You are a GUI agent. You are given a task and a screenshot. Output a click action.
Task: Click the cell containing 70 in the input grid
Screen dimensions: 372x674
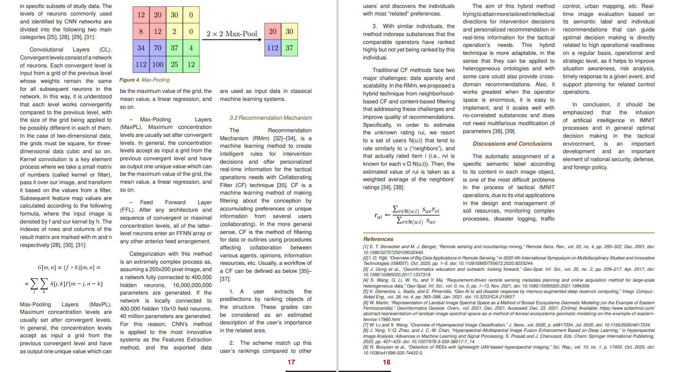pos(158,48)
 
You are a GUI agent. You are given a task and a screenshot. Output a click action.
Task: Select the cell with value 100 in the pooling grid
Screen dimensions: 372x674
pos(158,64)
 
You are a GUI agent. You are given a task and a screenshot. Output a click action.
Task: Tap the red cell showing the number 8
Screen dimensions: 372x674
pos(141,31)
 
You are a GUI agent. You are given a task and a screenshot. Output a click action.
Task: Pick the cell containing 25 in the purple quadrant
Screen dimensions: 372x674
pos(174,64)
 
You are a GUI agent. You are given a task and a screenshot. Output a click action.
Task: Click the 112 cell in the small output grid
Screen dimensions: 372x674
pos(273,48)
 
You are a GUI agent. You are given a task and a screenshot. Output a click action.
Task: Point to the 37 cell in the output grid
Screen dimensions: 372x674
pos(289,48)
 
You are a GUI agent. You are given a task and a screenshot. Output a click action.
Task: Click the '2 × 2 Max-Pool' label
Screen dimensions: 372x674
pos(232,34)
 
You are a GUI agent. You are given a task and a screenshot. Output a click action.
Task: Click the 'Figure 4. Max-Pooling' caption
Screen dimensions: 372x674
pos(144,80)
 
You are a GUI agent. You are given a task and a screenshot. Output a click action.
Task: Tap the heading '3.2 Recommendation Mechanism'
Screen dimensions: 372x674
pos(271,118)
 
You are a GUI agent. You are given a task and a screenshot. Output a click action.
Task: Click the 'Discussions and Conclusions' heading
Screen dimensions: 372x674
pos(512,144)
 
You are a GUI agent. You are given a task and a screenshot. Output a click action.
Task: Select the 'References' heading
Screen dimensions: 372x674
pos(378,239)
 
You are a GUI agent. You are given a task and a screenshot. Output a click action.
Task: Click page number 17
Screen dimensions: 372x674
pos(291,362)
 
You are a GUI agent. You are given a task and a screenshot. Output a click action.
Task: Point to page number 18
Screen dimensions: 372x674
pos(386,362)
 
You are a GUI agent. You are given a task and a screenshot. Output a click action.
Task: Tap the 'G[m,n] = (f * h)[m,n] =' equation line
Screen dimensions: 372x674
pos(69,267)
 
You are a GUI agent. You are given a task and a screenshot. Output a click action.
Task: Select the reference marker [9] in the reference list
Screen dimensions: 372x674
pos(366,347)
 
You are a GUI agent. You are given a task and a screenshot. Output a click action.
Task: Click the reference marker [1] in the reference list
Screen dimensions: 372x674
pos(366,247)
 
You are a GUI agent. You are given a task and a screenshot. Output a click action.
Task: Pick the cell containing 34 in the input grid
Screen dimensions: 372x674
pos(141,48)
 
